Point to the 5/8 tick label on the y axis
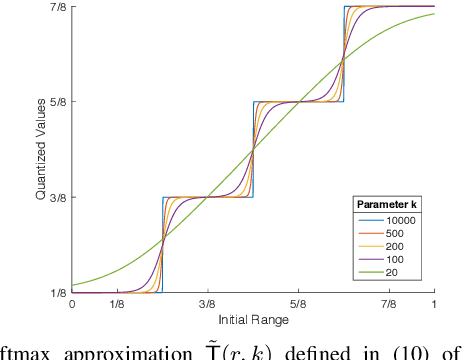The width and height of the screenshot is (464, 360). (59, 101)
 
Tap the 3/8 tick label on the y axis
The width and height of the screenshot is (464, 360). (59, 197)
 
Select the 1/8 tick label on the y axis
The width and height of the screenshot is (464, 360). (59, 292)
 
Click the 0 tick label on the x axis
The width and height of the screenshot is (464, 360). (72, 304)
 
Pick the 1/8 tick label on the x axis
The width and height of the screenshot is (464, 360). (117, 304)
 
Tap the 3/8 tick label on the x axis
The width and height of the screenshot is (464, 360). (207, 304)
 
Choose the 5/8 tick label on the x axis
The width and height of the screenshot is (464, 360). (298, 304)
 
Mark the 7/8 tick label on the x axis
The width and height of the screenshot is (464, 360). (388, 304)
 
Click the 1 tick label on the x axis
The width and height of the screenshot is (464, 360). (433, 304)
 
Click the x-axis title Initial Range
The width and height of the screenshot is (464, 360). (253, 320)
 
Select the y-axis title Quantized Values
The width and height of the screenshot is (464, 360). (41, 150)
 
